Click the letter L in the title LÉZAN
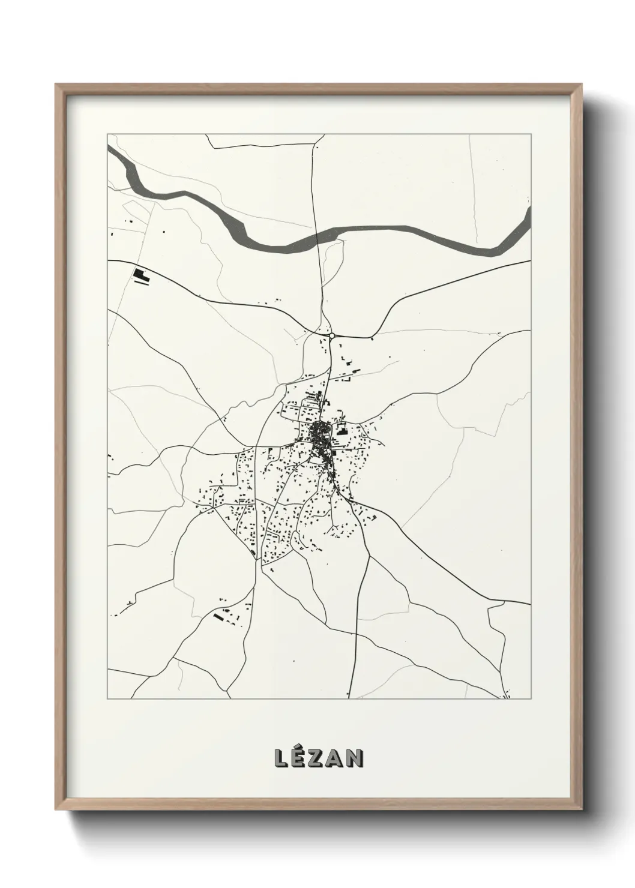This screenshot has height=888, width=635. pyautogui.click(x=281, y=758)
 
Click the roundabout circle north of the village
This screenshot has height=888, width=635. pyautogui.click(x=331, y=336)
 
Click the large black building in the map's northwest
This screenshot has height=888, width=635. pyautogui.click(x=141, y=275)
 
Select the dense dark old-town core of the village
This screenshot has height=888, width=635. pyautogui.click(x=318, y=432)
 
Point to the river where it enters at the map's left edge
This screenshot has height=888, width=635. pyautogui.click(x=110, y=149)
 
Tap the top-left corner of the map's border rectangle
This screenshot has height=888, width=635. pyautogui.click(x=107, y=135)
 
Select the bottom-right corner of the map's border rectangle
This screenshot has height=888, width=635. pyautogui.click(x=531, y=699)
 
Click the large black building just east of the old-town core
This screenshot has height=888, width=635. pyautogui.click(x=342, y=429)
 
